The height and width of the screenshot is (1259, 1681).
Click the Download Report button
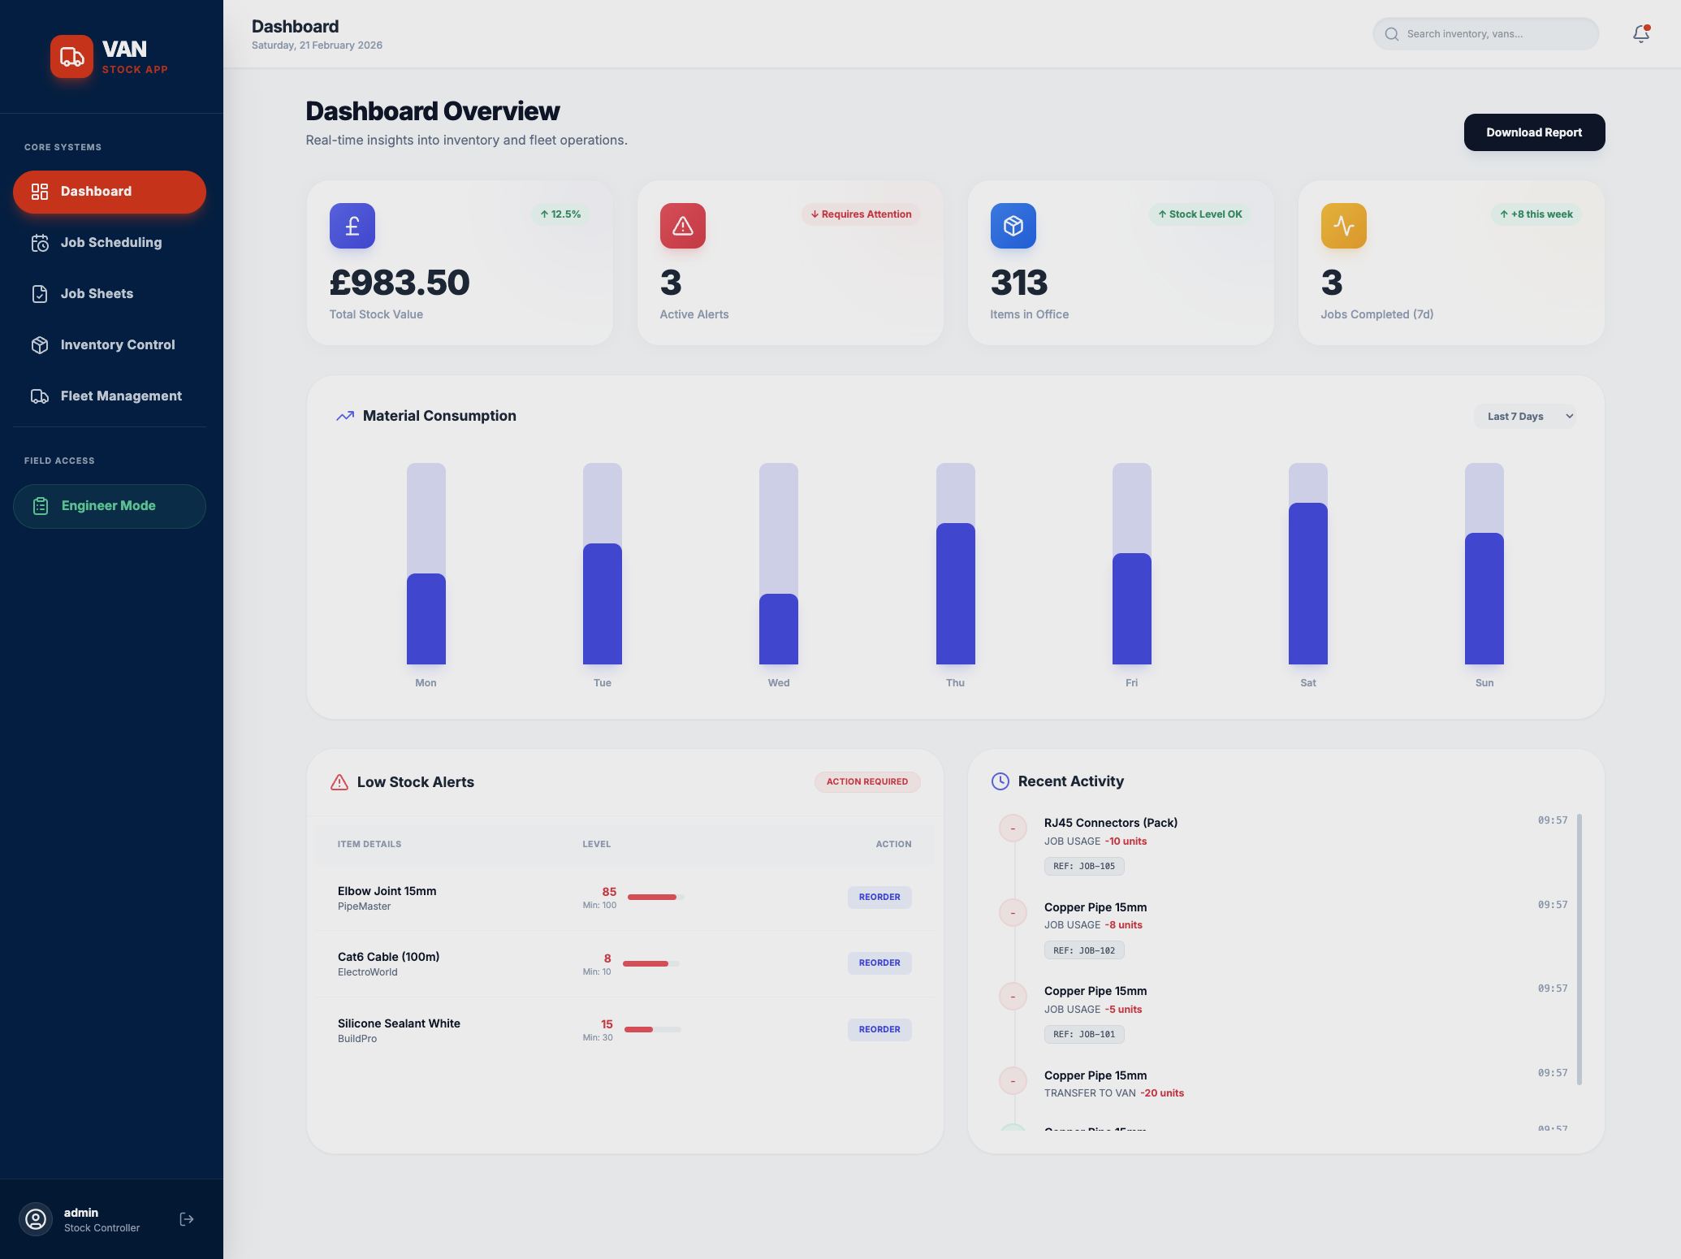pyautogui.click(x=1534, y=132)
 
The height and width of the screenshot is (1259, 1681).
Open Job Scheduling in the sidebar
pyautogui.click(x=110, y=242)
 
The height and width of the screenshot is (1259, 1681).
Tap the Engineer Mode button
pyautogui.click(x=109, y=506)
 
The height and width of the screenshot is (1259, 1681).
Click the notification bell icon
pyautogui.click(x=1640, y=34)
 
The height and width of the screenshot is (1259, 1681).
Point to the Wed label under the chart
pyautogui.click(x=778, y=683)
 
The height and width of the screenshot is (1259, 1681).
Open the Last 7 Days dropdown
pyautogui.click(x=1524, y=417)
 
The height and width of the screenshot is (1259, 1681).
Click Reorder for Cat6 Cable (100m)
pyautogui.click(x=879, y=963)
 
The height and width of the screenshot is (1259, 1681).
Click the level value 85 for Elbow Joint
pyautogui.click(x=609, y=892)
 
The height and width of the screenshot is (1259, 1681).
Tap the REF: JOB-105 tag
pyautogui.click(x=1083, y=866)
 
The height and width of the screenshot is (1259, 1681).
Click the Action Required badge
pyautogui.click(x=866, y=781)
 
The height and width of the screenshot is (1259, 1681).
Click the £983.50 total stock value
pyautogui.click(x=400, y=283)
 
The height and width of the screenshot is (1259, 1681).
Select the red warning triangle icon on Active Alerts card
pyautogui.click(x=682, y=226)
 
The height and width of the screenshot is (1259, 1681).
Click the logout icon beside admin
pyautogui.click(x=187, y=1219)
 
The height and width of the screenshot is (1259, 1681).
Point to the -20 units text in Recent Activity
pyautogui.click(x=1161, y=1093)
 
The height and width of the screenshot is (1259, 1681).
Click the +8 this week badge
pyautogui.click(x=1536, y=214)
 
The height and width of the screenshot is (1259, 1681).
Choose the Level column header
pyautogui.click(x=596, y=844)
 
